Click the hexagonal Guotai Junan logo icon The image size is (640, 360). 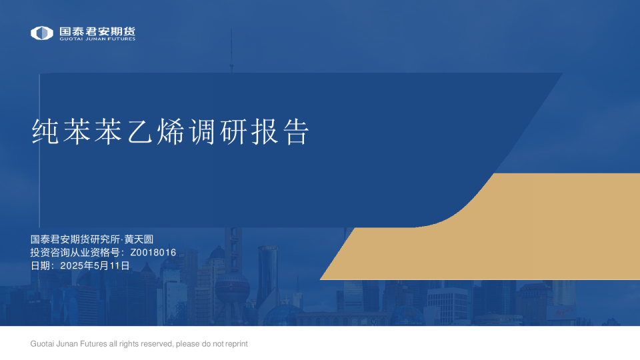point(42,33)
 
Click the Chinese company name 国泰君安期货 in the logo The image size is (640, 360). point(97,31)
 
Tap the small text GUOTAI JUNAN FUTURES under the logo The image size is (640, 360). point(97,39)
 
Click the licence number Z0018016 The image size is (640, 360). point(153,253)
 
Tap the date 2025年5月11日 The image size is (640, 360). point(95,265)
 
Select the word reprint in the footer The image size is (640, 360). point(235,344)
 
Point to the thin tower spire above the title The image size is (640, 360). point(231,50)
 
